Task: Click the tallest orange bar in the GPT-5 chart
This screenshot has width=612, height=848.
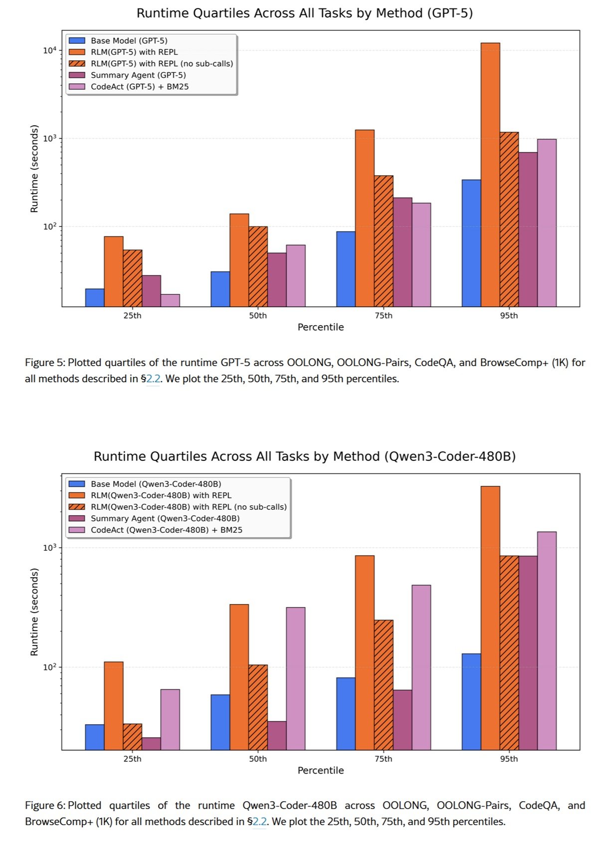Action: pyautogui.click(x=490, y=175)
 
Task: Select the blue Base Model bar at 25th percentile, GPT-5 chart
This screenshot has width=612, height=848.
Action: pyautogui.click(x=95, y=298)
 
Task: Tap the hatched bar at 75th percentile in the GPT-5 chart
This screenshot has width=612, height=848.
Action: pyautogui.click(x=384, y=241)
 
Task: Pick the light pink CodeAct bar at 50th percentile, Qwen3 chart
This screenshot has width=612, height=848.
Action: pyautogui.click(x=296, y=678)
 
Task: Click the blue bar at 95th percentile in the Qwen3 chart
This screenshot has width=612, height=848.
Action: pyautogui.click(x=471, y=701)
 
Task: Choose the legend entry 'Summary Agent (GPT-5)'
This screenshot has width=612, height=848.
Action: pyautogui.click(x=138, y=75)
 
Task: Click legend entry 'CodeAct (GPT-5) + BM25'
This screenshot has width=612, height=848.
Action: pyautogui.click(x=140, y=87)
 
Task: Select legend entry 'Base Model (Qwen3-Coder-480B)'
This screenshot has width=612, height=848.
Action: pyautogui.click(x=156, y=484)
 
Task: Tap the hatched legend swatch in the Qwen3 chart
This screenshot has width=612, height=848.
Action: pyautogui.click(x=77, y=507)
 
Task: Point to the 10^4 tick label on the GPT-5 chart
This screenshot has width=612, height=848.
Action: pyautogui.click(x=50, y=50)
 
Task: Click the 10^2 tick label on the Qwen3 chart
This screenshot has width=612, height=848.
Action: pyautogui.click(x=50, y=667)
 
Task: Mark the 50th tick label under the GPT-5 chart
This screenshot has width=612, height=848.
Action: pyautogui.click(x=258, y=316)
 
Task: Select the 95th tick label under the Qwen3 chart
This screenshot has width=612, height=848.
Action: pyautogui.click(x=509, y=759)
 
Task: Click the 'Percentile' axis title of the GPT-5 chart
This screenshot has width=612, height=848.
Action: pyautogui.click(x=321, y=327)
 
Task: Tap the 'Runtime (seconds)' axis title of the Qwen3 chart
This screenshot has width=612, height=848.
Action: pyautogui.click(x=34, y=612)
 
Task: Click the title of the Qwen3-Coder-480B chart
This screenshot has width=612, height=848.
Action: pyautogui.click(x=305, y=456)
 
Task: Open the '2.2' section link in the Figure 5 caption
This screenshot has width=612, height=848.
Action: pyautogui.click(x=153, y=379)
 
